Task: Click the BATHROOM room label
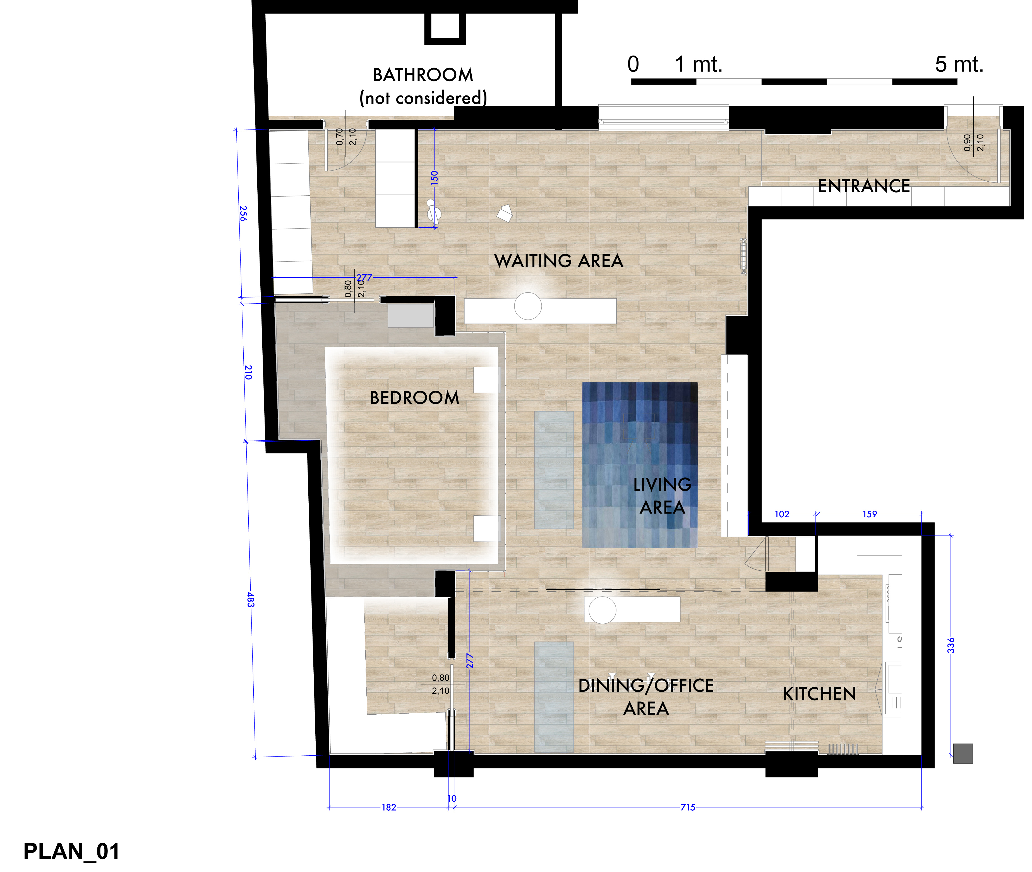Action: [423, 75]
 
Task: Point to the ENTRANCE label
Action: [863, 186]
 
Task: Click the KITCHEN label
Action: [819, 694]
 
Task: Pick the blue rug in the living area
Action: [640, 465]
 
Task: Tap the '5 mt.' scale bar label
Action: [959, 64]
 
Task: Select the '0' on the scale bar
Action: [633, 64]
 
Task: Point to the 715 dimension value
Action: [688, 807]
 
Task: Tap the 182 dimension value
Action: [389, 807]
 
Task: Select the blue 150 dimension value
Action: [434, 177]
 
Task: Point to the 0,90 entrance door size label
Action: [967, 142]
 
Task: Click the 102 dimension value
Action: [782, 514]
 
